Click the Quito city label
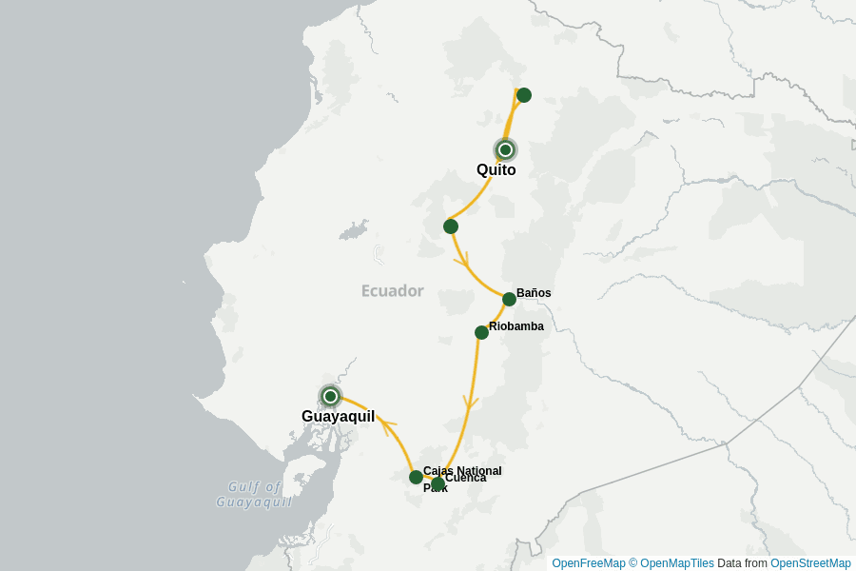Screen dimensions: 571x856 496,170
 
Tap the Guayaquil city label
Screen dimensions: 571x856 338,416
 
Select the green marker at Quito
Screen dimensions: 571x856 506,149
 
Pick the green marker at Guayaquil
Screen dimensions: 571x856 330,396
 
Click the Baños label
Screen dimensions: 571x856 534,293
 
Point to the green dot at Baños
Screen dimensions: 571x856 509,299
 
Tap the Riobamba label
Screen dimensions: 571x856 516,326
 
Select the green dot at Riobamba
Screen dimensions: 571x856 482,332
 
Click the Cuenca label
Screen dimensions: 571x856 465,478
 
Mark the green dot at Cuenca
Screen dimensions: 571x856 438,484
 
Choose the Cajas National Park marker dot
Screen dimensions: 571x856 416,477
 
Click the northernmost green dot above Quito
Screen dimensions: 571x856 523,95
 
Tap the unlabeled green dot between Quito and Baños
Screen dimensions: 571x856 451,226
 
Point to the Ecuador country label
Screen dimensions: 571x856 392,291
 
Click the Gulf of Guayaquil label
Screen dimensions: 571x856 254,494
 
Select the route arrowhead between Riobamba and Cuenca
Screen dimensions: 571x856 469,404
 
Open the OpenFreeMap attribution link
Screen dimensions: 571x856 588,563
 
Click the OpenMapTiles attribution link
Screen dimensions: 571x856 676,563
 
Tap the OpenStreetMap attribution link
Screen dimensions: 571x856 810,563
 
